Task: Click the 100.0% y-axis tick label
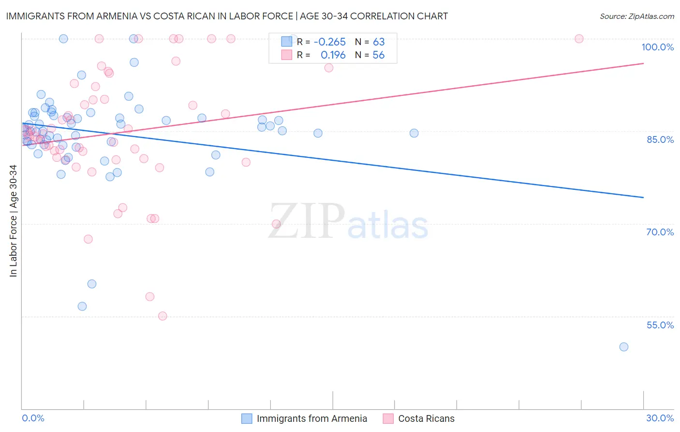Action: tap(657, 47)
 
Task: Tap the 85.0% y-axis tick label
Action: tap(660, 139)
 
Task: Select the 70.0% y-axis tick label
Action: tap(660, 232)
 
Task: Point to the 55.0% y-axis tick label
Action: tap(660, 325)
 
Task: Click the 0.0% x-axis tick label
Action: tap(33, 418)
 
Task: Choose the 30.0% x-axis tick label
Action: tap(660, 418)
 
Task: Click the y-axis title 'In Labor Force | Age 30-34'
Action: tap(13, 221)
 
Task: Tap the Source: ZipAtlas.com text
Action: tap(636, 16)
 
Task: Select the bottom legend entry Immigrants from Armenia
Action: tap(311, 418)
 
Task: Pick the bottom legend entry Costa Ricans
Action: tap(426, 418)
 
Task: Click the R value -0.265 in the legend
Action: tap(329, 42)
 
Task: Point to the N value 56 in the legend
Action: tap(378, 55)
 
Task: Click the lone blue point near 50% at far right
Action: tap(623, 347)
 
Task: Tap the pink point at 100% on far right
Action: tap(579, 39)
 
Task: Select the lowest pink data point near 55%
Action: tap(163, 316)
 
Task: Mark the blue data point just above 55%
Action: tap(82, 306)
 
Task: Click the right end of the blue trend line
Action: tap(643, 198)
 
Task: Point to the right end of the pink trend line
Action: tap(643, 63)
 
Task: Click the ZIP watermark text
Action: tap(307, 221)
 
